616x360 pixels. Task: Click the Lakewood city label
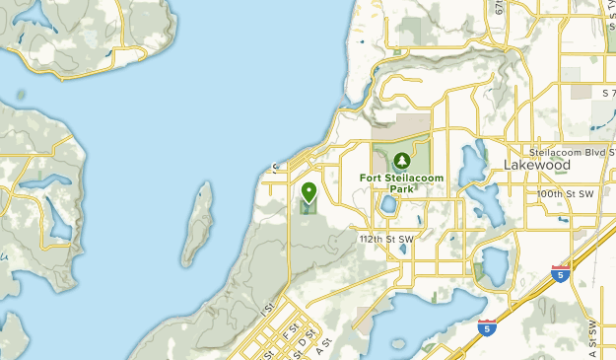click(536, 166)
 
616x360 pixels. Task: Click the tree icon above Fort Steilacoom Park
click(401, 160)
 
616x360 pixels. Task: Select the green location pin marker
click(308, 191)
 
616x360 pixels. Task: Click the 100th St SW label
click(566, 195)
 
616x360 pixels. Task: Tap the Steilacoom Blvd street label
click(570, 154)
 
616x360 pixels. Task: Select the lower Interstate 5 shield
click(486, 326)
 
